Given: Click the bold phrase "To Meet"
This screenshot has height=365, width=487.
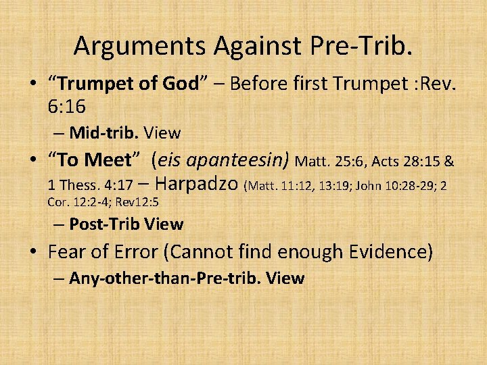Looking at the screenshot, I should (x=94, y=160).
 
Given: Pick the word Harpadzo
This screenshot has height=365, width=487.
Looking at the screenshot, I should (x=197, y=184).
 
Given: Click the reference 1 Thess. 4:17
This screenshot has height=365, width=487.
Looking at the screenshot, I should (x=90, y=185).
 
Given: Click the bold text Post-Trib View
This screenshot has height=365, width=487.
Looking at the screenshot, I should (x=126, y=224).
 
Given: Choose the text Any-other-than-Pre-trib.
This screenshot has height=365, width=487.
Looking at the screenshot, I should (x=166, y=278).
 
